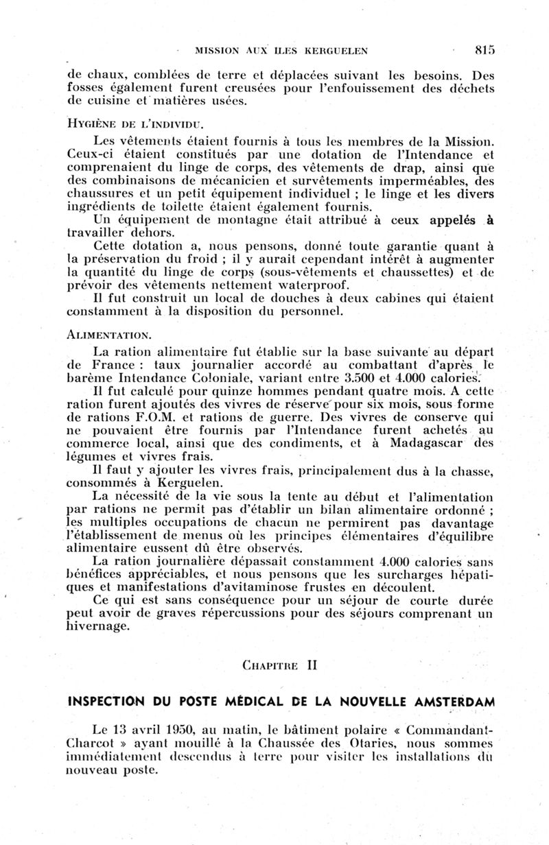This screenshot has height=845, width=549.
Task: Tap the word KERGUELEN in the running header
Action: tap(334, 50)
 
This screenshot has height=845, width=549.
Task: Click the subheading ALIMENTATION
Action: tap(108, 335)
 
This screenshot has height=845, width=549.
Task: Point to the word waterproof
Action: tap(312, 285)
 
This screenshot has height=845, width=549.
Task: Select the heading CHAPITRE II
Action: tap(279, 665)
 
